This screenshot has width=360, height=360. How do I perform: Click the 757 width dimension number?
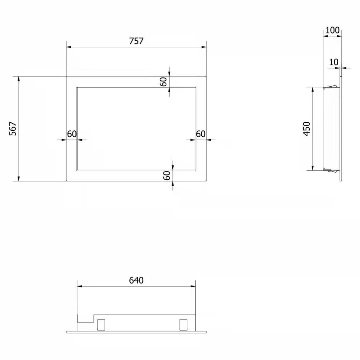pos(136,41)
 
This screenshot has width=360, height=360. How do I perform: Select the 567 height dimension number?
pos(13,129)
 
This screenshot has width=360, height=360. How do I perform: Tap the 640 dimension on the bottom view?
pos(136,280)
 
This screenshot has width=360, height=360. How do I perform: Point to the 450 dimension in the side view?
pos(307,129)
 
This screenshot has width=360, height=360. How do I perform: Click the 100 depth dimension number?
pos(332,30)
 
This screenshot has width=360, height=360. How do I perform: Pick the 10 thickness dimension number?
pos(333,62)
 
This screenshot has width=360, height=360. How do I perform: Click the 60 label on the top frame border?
pos(163,82)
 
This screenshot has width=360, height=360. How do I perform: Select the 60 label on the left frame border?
pos(72,134)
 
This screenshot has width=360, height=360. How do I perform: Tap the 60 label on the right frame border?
pos(201,134)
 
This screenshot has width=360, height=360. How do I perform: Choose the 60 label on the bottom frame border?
pos(167,176)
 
